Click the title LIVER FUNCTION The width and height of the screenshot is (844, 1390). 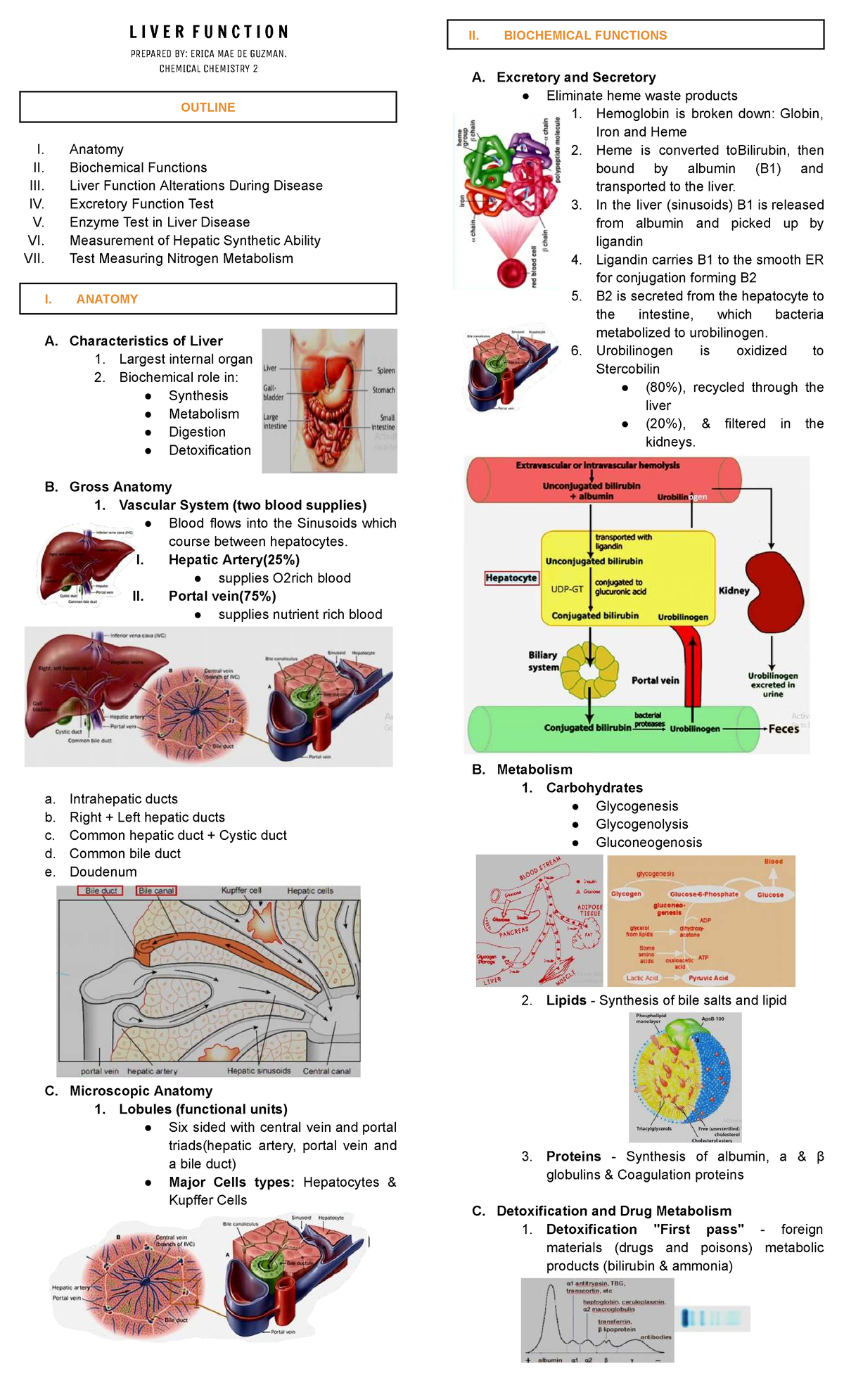[x=208, y=32]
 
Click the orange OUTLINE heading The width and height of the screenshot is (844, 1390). [x=208, y=108]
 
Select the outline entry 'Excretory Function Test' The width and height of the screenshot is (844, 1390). [x=141, y=204]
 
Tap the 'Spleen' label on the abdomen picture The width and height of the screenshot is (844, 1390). [x=386, y=371]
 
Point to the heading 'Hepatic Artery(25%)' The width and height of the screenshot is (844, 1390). [x=234, y=560]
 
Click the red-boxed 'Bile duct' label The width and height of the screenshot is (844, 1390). [x=101, y=891]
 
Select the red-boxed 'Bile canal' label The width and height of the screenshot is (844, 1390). [x=156, y=891]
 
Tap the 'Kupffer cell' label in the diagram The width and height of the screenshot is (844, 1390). [x=241, y=891]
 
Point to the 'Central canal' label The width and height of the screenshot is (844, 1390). [x=326, y=1071]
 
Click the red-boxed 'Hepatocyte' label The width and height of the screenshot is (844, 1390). [x=511, y=578]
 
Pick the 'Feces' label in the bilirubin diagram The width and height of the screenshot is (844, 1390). [x=784, y=729]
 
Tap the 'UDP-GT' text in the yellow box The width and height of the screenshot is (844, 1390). [x=567, y=589]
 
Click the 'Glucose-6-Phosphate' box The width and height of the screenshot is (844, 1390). [x=704, y=895]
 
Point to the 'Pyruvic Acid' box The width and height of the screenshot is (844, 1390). [x=708, y=978]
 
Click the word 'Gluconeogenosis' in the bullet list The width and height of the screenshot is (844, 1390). [x=648, y=843]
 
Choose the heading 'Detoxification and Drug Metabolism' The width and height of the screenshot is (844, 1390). [x=614, y=1211]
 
